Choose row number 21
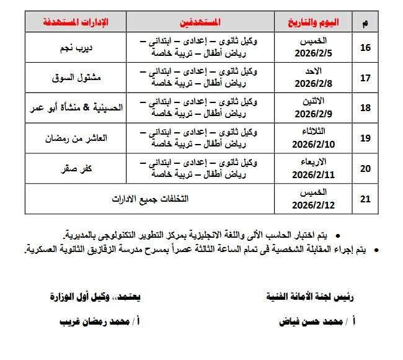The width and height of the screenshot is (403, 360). click(366, 199)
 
